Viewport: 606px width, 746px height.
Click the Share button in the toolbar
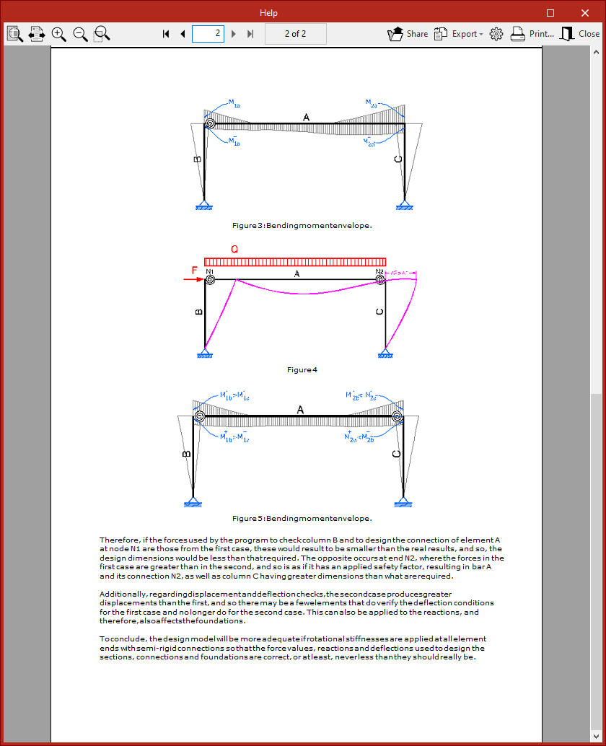coord(408,34)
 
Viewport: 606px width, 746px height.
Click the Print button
coord(532,34)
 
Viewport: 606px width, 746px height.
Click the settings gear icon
coord(496,34)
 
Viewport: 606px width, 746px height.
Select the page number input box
coord(208,33)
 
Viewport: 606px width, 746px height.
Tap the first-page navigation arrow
coord(166,34)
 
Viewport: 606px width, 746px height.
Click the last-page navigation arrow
coord(250,34)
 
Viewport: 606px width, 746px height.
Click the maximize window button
coord(550,13)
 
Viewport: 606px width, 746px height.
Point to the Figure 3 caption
coord(302,226)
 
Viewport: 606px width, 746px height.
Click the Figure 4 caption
coord(302,370)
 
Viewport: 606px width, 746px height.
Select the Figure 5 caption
coord(302,518)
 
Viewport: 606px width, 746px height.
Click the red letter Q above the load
coord(234,249)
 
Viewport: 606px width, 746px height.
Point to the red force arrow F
coord(197,278)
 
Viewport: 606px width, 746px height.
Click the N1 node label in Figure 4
coord(210,272)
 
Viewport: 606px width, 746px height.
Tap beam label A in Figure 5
coord(301,410)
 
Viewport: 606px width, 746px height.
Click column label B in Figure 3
coord(197,159)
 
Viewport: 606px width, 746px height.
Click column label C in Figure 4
coord(380,312)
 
